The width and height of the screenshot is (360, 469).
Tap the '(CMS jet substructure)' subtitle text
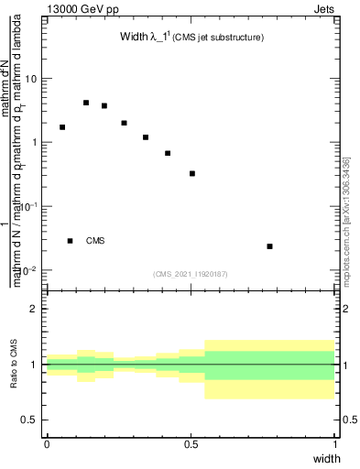tap(221, 38)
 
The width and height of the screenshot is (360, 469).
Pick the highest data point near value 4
tap(86, 103)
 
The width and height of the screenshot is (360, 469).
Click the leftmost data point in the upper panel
tap(62, 127)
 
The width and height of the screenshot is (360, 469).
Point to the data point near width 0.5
tap(192, 173)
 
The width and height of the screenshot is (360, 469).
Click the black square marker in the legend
tap(71, 241)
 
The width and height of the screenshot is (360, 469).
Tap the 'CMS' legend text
tap(95, 241)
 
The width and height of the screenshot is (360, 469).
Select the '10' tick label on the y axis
tap(31, 79)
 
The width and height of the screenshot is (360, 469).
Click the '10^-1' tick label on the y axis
tap(29, 207)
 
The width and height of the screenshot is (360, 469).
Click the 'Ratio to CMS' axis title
tap(14, 364)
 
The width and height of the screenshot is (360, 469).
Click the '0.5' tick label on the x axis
tap(191, 443)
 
